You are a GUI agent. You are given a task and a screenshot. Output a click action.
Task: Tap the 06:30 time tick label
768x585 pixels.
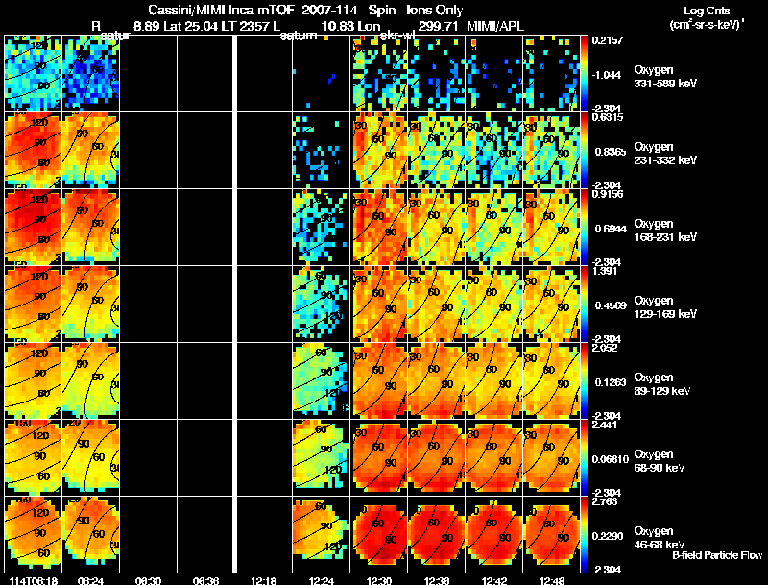tap(149, 579)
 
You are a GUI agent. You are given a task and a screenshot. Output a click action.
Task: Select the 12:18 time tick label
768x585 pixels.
tap(265, 579)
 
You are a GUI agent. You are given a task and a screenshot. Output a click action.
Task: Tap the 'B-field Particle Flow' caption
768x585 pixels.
tap(716, 555)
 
